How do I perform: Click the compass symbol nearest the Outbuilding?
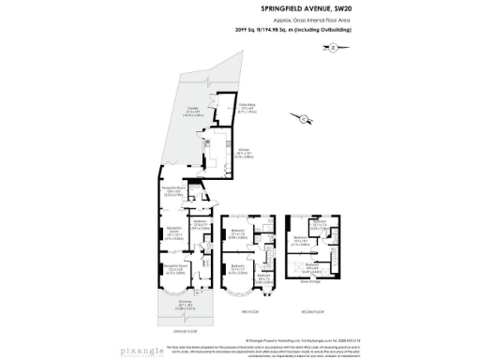307,117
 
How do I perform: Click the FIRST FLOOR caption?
250,311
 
